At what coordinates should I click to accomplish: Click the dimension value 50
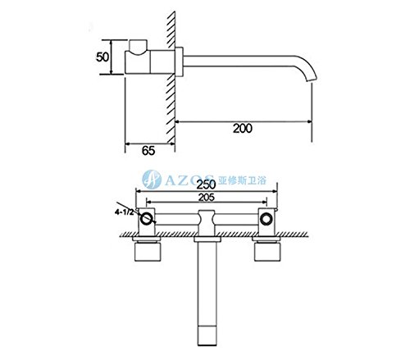[x=102, y=57]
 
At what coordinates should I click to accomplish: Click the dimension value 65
[x=148, y=151]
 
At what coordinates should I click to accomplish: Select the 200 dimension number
[x=243, y=129]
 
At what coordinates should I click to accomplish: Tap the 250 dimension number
[x=207, y=185]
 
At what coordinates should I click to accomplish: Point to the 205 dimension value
[x=207, y=198]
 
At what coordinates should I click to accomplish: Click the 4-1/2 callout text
[x=125, y=212]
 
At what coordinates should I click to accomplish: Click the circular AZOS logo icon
[x=152, y=180]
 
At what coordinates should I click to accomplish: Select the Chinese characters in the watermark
[x=242, y=180]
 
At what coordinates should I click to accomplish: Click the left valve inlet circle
[x=147, y=219]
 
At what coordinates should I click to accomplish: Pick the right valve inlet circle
[x=266, y=219]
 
